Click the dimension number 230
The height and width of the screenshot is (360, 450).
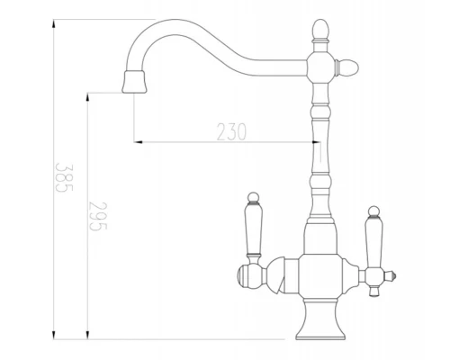(x=231, y=130)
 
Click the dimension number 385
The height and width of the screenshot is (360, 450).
(x=62, y=180)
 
